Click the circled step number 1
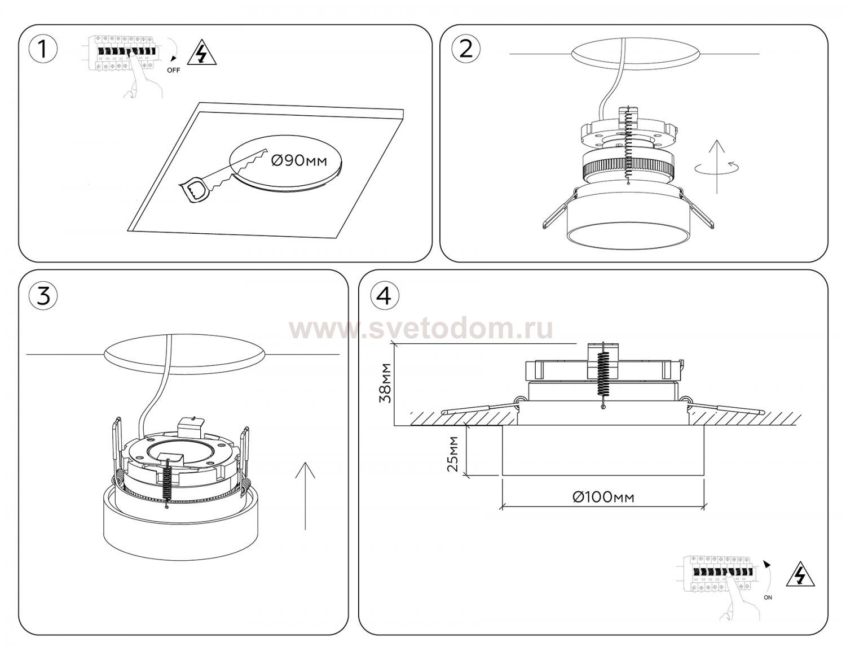[43, 50]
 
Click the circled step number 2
[466, 50]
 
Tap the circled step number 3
[43, 295]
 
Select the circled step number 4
[385, 295]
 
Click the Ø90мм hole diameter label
[299, 160]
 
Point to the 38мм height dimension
[386, 383]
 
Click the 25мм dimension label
[453, 454]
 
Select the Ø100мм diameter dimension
[603, 497]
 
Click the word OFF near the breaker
[174, 71]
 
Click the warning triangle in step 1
[202, 53]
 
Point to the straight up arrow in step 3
[305, 495]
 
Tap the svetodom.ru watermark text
[421, 329]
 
